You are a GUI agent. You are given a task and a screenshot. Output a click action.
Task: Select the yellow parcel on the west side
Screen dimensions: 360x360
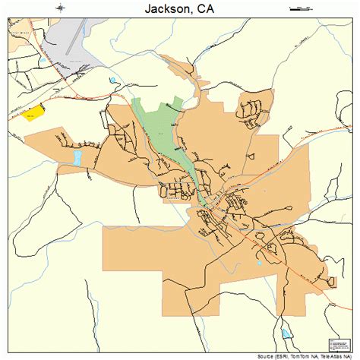pos(33,113)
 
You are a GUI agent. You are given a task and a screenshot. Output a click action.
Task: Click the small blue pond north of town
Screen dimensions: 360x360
pos(114,80)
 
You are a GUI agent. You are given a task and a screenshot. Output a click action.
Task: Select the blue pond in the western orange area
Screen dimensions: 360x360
pos(77,158)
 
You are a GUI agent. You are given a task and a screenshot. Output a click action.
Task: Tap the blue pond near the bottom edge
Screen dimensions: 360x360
pos(286,333)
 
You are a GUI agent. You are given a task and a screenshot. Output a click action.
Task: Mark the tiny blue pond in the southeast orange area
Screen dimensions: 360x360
pos(260,264)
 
